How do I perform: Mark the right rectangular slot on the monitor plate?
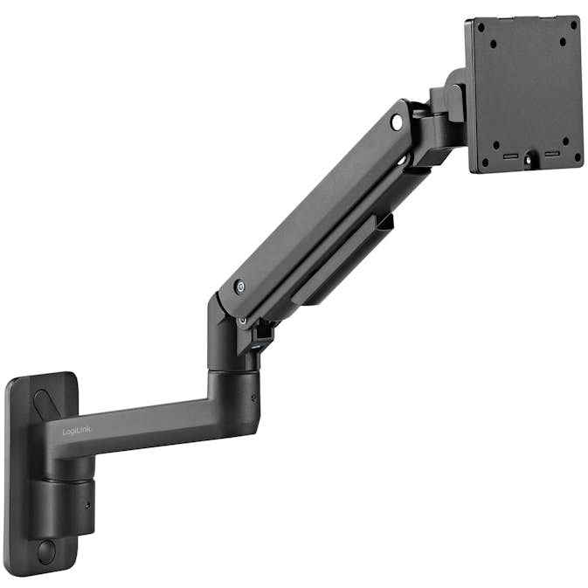click(x=551, y=154)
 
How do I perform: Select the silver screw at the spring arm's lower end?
click(x=239, y=287)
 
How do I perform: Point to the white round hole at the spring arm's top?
click(x=397, y=122)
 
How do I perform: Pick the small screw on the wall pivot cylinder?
click(x=88, y=506)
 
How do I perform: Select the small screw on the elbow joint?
click(x=253, y=398)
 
